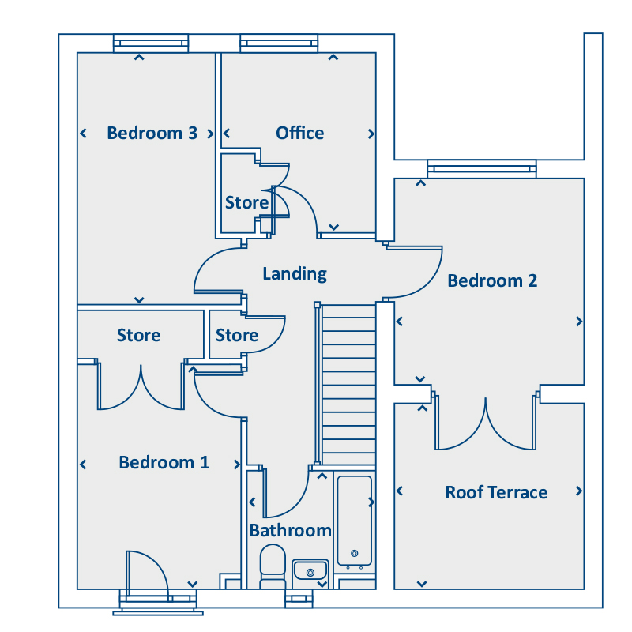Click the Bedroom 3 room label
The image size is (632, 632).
[x=152, y=133]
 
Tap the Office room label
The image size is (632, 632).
[x=299, y=133]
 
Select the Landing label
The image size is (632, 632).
[x=294, y=274]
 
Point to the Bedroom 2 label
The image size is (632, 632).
[x=492, y=280]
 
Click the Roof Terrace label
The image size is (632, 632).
[x=495, y=492]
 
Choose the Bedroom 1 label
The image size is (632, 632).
[x=164, y=462]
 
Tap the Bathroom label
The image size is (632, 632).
[x=290, y=530]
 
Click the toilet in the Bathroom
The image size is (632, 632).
[x=273, y=564]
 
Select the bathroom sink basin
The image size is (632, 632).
[x=310, y=570]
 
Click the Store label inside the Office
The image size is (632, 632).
[x=246, y=203]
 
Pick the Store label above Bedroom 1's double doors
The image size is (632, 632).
[x=138, y=336]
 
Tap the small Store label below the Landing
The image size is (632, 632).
[x=236, y=336]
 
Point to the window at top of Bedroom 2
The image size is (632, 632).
[x=481, y=168]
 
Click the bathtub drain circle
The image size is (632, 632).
[x=354, y=553]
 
